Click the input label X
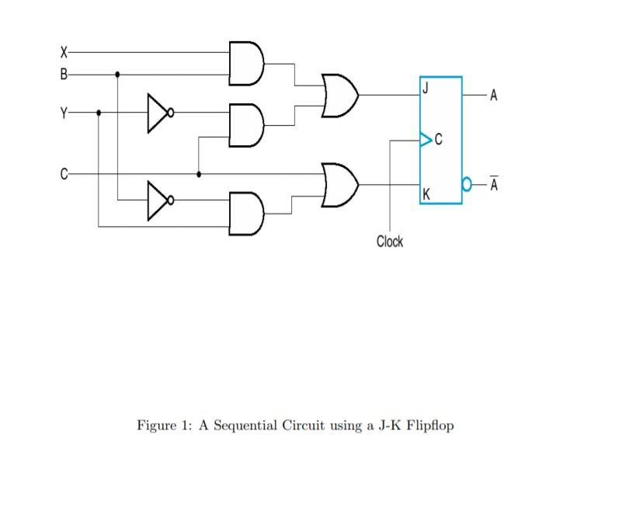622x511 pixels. click(x=64, y=53)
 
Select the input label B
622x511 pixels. click(x=64, y=75)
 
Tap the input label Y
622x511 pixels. click(x=64, y=113)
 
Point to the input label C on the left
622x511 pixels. click(x=64, y=174)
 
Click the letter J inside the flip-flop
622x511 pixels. click(x=426, y=87)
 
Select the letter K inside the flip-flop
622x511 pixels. click(x=426, y=193)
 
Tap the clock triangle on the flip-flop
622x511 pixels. click(x=425, y=140)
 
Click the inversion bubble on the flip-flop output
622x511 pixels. click(x=467, y=186)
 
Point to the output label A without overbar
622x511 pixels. click(x=494, y=96)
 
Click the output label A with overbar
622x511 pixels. click(x=494, y=185)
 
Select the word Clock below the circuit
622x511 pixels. click(x=390, y=242)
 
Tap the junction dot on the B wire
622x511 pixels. click(x=117, y=75)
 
